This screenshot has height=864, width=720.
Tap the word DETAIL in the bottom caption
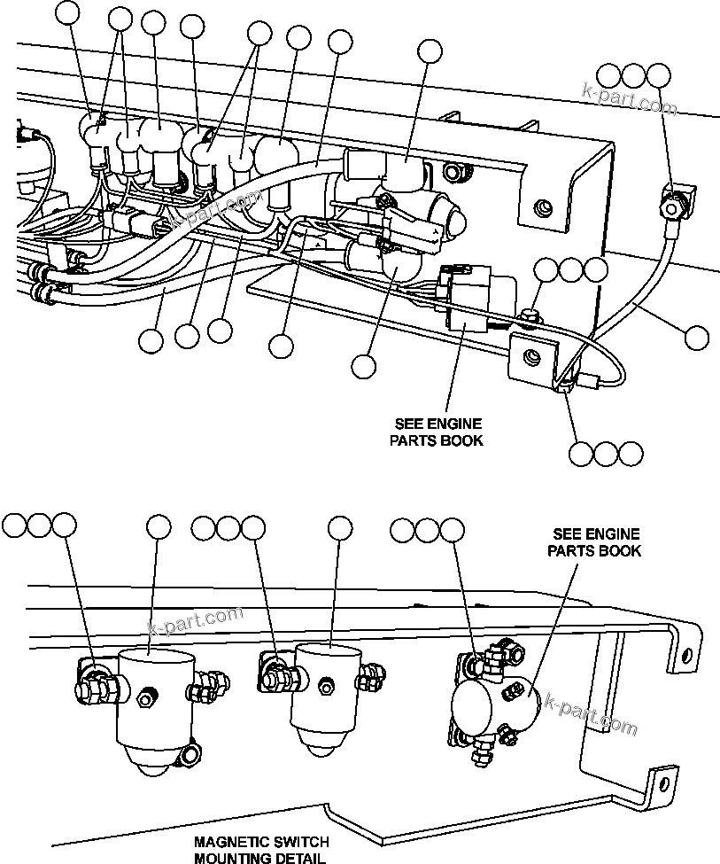click(297, 858)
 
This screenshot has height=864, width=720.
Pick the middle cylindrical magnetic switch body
click(329, 687)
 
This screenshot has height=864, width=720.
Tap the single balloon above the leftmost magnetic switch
click(159, 528)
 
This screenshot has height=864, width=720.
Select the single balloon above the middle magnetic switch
click(339, 528)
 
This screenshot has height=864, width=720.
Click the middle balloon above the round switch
click(428, 530)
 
